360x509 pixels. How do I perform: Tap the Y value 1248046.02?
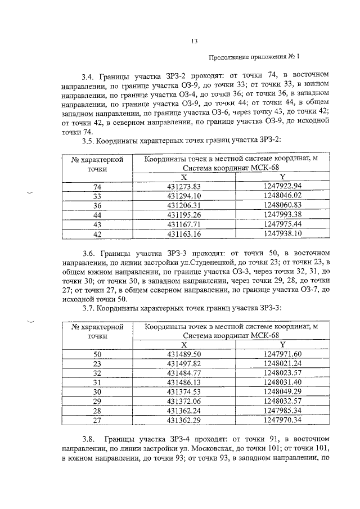(x=282, y=195)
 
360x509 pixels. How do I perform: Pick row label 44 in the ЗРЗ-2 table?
(x=97, y=214)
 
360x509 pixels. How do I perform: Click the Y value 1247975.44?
(x=282, y=223)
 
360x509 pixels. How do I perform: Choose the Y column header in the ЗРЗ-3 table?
(x=282, y=344)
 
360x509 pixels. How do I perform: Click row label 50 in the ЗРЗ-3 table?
(x=97, y=354)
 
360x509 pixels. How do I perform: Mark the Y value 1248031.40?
(x=282, y=382)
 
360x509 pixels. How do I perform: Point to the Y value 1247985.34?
(x=282, y=410)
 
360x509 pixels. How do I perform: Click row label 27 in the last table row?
(x=97, y=420)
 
